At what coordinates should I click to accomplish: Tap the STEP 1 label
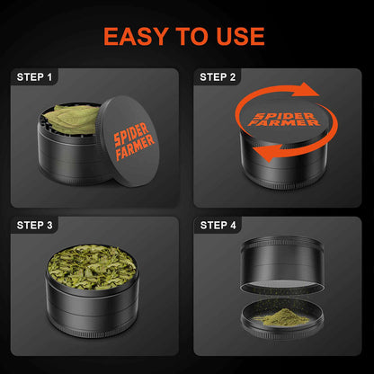(35, 77)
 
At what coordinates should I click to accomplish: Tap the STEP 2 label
(218, 77)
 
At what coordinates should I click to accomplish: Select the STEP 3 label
(35, 225)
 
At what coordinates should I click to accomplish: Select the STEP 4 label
(218, 225)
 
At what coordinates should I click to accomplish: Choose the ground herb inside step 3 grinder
(92, 269)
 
